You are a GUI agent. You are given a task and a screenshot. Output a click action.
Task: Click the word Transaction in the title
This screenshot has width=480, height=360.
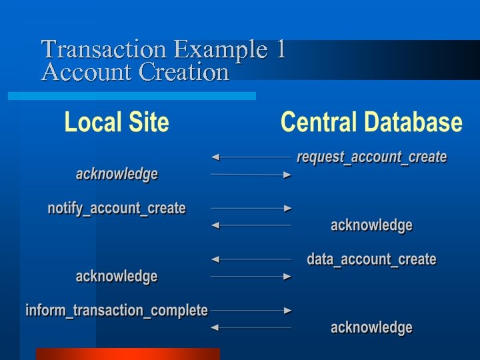pyautogui.click(x=103, y=49)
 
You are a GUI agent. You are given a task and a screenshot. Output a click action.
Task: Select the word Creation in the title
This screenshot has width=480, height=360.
pyautogui.click(x=183, y=71)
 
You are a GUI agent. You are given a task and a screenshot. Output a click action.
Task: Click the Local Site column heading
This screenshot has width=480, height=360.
pyautogui.click(x=117, y=123)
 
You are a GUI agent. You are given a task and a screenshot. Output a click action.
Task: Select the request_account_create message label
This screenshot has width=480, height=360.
pyautogui.click(x=371, y=157)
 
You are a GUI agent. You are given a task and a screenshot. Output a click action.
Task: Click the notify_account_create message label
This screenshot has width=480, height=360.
pyautogui.click(x=117, y=208)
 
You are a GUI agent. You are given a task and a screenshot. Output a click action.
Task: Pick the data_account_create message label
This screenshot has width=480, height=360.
pyautogui.click(x=371, y=259)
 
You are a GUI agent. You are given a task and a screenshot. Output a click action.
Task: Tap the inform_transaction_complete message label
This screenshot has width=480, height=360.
pyautogui.click(x=117, y=310)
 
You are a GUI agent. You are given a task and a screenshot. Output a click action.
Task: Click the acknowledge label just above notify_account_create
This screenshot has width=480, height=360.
pyautogui.click(x=117, y=174)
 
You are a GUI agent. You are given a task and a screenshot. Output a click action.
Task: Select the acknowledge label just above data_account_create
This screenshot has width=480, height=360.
pyautogui.click(x=371, y=225)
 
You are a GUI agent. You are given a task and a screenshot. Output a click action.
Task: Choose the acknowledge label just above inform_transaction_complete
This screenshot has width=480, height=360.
pyautogui.click(x=117, y=276)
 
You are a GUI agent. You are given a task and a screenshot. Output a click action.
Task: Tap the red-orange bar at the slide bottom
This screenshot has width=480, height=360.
pyautogui.click(x=127, y=353)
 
